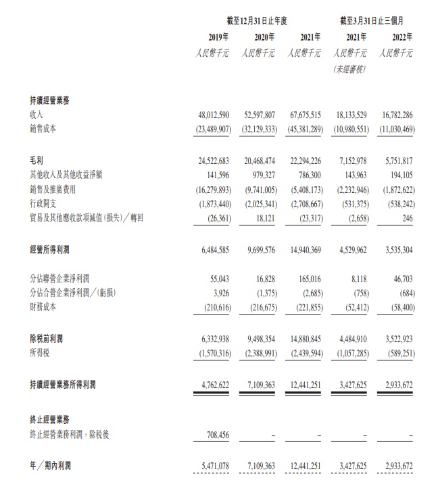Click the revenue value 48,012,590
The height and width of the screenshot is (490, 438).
pyautogui.click(x=211, y=115)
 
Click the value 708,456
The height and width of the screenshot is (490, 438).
pyautogui.click(x=216, y=435)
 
